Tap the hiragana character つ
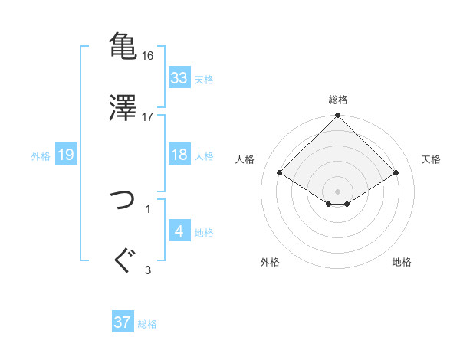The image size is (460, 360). point(123,201)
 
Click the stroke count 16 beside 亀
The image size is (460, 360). point(148,56)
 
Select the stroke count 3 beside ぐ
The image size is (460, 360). point(148,270)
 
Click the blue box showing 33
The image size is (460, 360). point(179,78)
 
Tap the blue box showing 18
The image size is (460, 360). point(179,155)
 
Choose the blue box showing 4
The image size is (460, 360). point(179,231)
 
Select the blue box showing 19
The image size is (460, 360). point(66,155)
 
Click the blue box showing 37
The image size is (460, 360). point(123,322)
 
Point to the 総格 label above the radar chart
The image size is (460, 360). point(338,100)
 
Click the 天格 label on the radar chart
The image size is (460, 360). point(432,159)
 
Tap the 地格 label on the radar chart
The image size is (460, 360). point(402,262)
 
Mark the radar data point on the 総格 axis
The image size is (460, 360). point(338,116)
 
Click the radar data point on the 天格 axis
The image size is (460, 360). point(396,173)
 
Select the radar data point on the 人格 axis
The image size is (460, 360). point(280,173)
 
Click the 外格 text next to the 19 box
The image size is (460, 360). point(41,155)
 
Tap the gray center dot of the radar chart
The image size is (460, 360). point(338,190)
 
